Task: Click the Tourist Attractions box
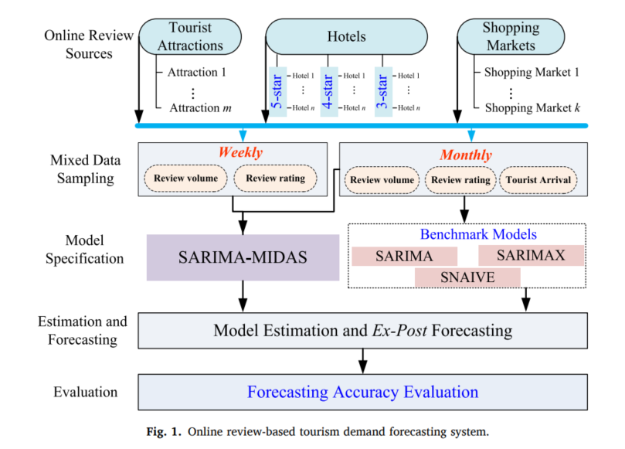point(185,36)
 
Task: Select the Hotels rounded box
point(346,36)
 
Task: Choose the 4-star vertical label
point(328,92)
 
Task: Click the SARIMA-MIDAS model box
point(243,257)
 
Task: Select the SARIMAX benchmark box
point(531,255)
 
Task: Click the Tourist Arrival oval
point(538,181)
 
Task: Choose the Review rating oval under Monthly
point(460,181)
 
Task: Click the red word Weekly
point(240,153)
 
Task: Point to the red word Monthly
point(466,155)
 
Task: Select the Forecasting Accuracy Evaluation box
point(362,392)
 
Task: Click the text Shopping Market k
point(532,107)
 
